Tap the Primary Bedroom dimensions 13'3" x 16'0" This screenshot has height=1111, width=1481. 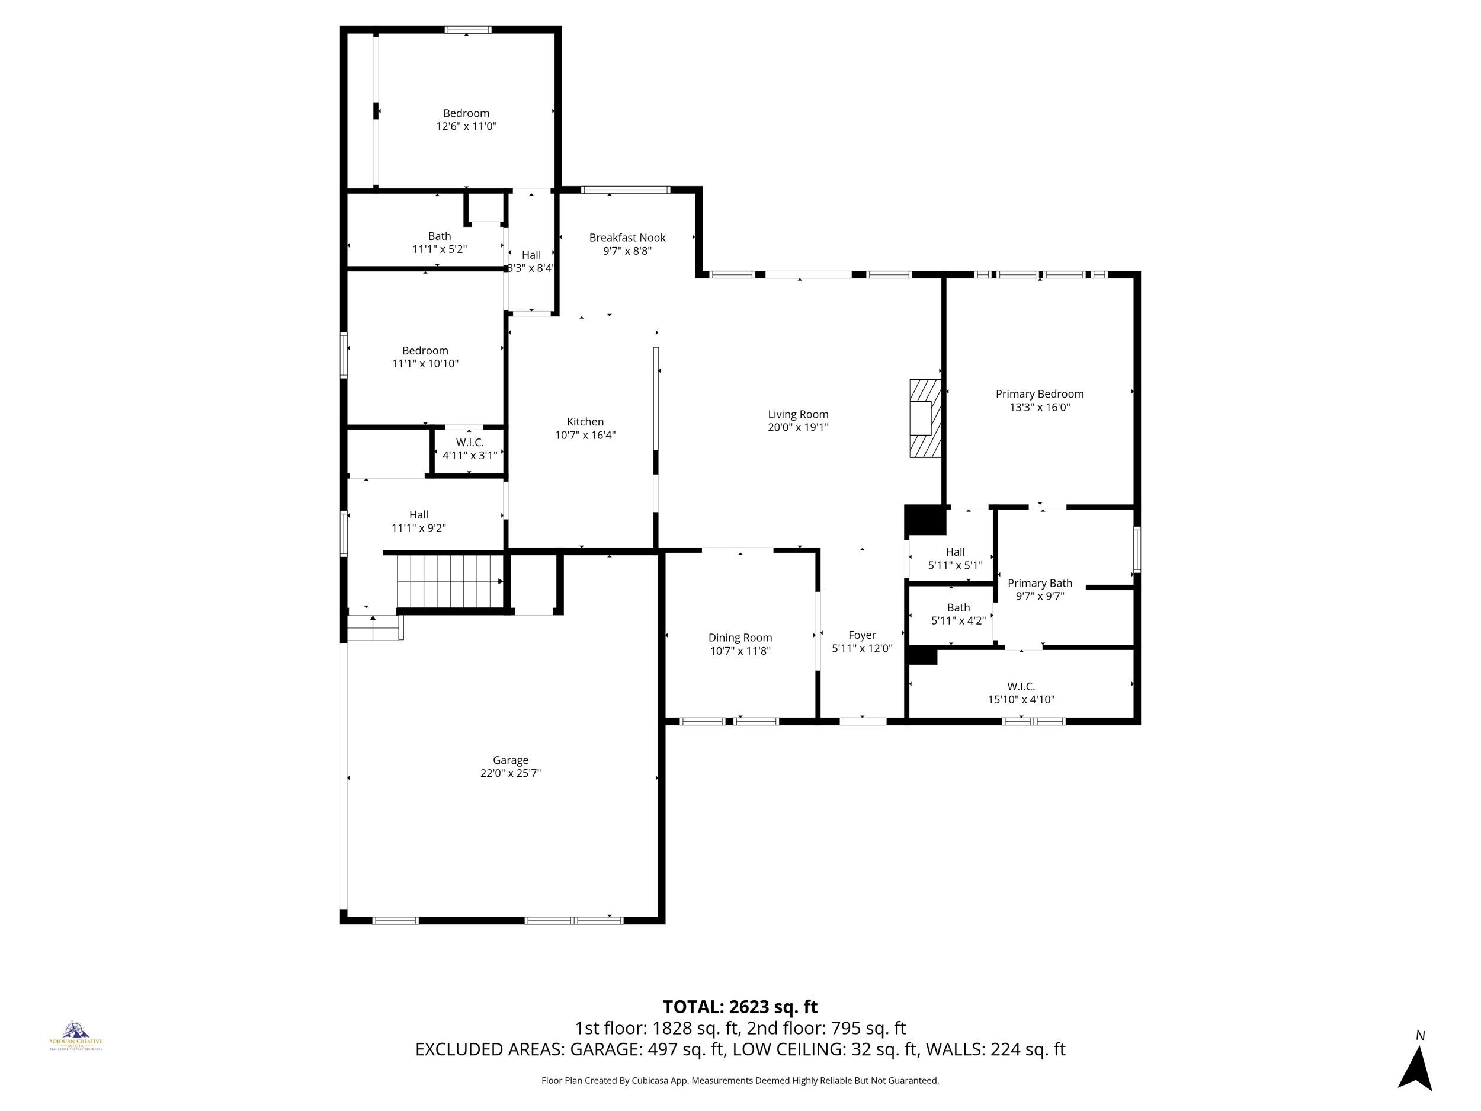point(1039,407)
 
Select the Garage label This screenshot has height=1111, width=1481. point(510,760)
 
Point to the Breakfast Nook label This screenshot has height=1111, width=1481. point(627,238)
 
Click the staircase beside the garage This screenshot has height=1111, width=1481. point(449,581)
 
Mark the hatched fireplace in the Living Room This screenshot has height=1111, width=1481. point(925,418)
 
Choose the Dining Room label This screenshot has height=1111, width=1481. point(740,638)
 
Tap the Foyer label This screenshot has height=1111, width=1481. point(862,635)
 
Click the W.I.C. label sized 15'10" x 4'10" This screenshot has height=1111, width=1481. point(1021,686)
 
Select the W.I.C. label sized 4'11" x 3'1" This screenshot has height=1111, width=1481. point(469,443)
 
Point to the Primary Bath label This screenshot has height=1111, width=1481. point(1039,583)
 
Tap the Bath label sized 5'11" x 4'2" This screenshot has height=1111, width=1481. point(958,607)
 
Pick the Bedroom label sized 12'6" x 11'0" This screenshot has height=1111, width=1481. point(466,113)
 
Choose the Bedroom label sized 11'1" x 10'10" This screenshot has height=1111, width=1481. point(425,350)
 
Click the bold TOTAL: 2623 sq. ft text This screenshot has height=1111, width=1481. point(740,1007)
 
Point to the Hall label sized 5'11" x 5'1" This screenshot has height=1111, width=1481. point(955,552)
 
